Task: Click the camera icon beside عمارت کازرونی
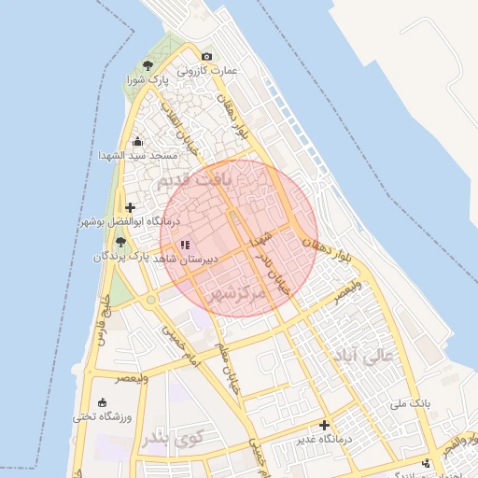[206, 57]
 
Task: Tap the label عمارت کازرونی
[212, 70]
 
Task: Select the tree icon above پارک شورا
[148, 65]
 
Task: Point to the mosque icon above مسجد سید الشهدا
[138, 142]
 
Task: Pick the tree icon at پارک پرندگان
[120, 242]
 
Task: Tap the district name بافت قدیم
[192, 179]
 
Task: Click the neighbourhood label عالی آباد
[371, 356]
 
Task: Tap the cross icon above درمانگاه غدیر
[325, 426]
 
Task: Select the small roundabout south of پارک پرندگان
[149, 301]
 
